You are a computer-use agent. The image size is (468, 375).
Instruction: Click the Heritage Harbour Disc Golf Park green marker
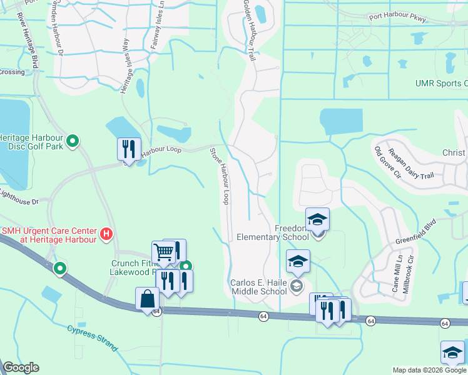(73, 142)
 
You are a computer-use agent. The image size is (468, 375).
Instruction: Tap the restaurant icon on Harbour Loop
(128, 149)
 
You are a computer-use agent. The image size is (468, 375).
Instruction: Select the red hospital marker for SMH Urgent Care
(106, 234)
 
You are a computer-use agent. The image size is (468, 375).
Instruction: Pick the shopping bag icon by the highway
(147, 299)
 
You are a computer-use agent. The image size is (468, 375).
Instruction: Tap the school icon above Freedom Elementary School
(317, 219)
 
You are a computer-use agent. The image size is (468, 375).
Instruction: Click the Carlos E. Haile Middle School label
(258, 287)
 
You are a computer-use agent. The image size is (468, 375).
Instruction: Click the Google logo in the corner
(20, 367)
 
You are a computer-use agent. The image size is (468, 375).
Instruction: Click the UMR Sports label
(441, 83)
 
